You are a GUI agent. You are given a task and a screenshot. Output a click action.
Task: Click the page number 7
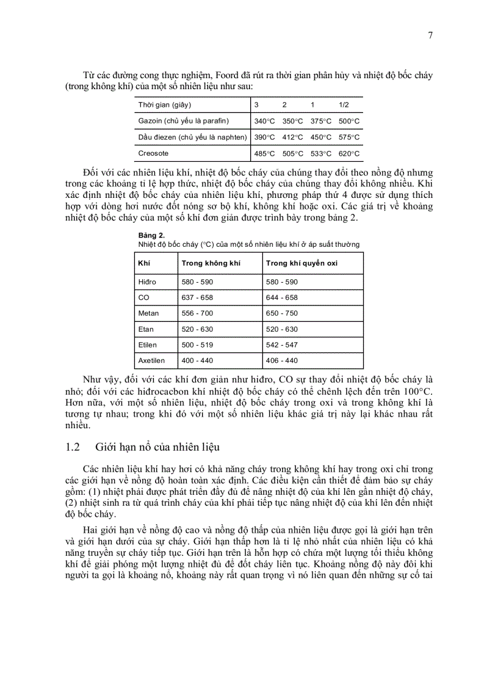point(430,35)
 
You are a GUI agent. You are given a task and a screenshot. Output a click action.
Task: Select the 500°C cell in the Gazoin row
point(349,122)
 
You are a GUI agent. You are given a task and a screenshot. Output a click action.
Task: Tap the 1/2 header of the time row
point(344,105)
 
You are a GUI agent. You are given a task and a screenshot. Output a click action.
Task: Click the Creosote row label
point(153,153)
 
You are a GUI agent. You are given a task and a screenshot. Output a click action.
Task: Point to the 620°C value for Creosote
point(349,154)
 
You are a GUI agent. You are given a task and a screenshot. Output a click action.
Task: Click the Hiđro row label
point(147,282)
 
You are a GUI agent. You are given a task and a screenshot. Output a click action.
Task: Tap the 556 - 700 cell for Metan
point(197,313)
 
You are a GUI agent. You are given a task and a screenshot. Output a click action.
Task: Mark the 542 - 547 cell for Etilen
point(281,345)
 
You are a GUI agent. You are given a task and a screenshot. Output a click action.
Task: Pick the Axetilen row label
point(151,361)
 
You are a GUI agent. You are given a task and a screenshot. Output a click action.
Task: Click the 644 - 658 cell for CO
point(281,297)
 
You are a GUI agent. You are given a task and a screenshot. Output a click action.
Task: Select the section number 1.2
point(73,447)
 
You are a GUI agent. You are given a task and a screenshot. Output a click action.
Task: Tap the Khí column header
point(145,263)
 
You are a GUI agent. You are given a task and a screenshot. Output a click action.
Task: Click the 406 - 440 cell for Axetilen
point(281,361)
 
